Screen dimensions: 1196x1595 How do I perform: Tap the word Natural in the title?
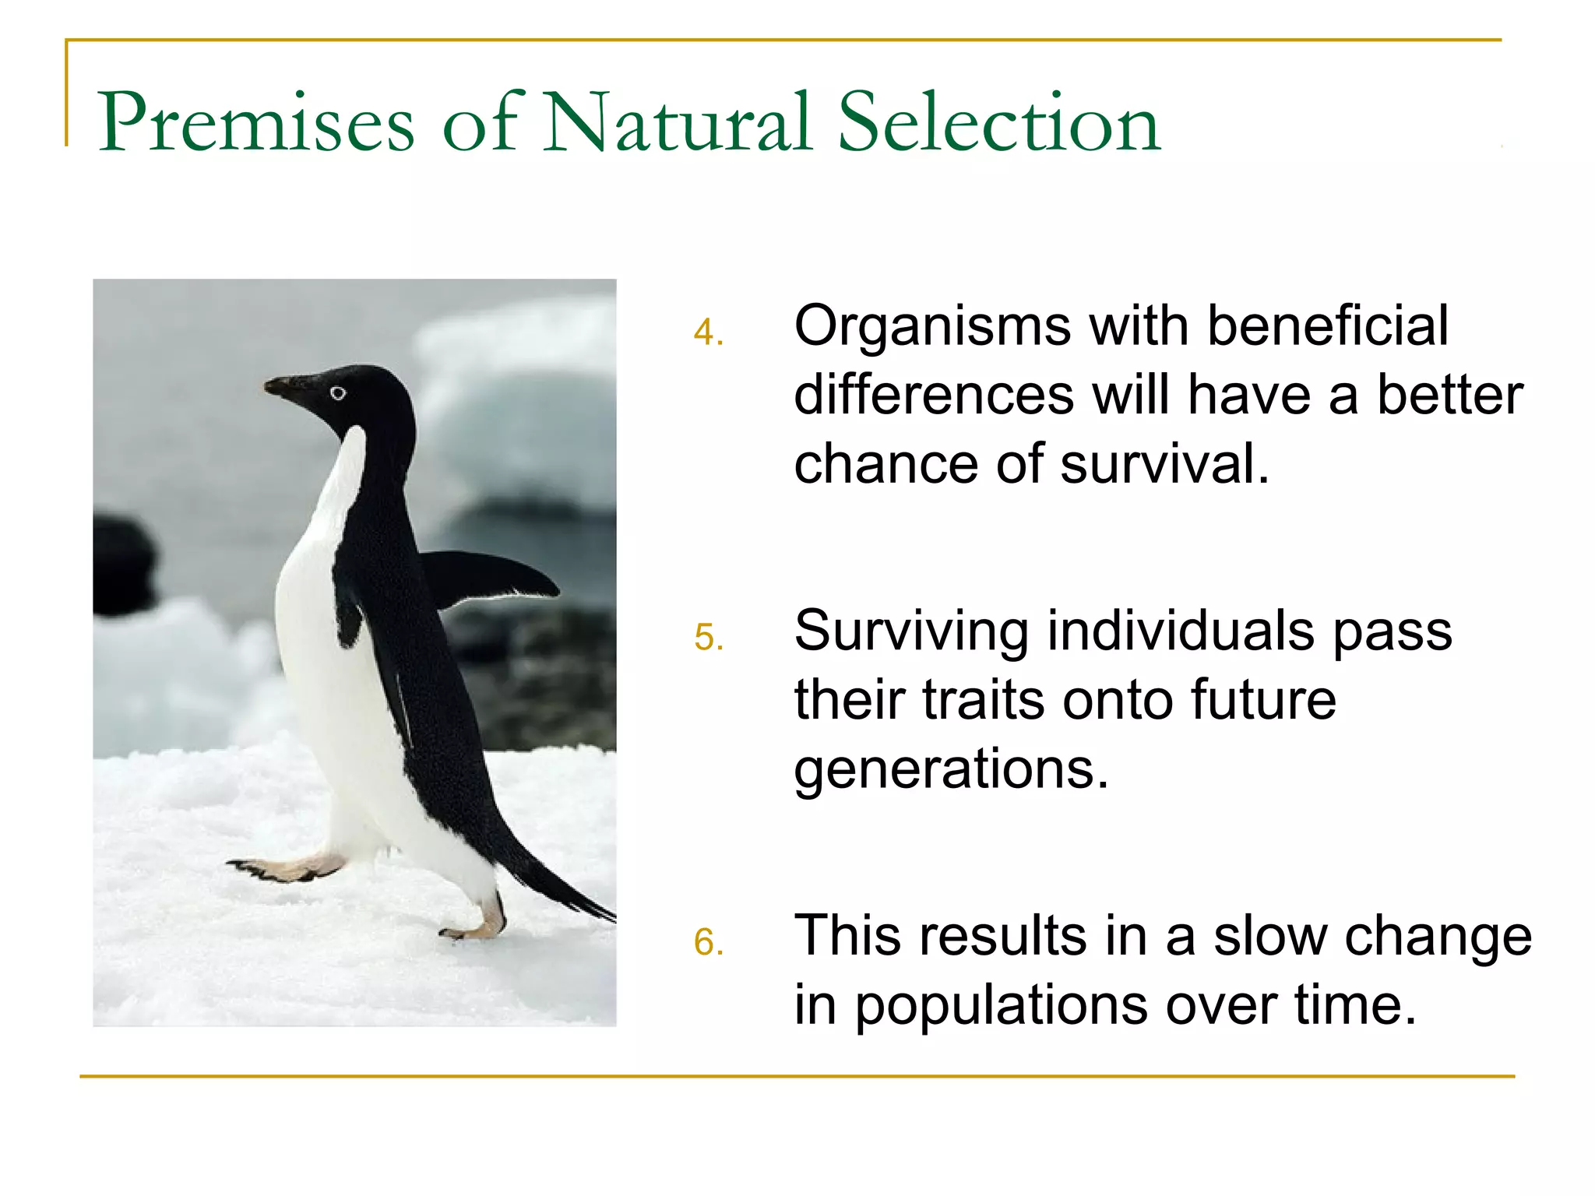tap(678, 123)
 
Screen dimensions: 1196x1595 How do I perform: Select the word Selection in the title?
tap(999, 123)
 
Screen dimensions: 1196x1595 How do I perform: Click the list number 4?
tap(707, 333)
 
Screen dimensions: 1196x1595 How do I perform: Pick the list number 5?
tap(707, 638)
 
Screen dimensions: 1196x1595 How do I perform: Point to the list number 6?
tap(707, 944)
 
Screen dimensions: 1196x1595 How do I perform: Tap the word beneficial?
tap(1328, 325)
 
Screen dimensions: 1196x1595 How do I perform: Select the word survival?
tap(1164, 464)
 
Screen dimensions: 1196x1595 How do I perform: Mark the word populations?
tap(1002, 1006)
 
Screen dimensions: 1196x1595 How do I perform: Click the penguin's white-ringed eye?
tap(338, 393)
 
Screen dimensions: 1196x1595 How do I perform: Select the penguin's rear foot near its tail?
tap(475, 927)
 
